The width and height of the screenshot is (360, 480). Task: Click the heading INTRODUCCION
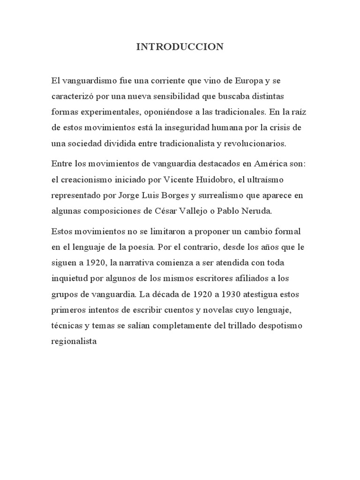(180, 47)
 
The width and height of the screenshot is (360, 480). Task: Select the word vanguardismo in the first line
(89, 81)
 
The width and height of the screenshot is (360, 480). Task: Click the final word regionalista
(75, 342)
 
